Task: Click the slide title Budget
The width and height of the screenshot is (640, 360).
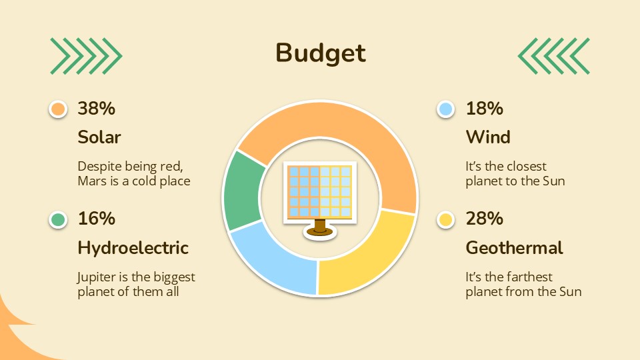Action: (x=321, y=53)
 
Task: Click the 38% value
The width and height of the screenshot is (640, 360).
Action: (x=97, y=108)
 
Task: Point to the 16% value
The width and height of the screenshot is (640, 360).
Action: (x=97, y=219)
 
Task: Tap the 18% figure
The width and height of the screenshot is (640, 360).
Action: (x=484, y=108)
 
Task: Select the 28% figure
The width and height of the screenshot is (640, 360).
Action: (x=484, y=219)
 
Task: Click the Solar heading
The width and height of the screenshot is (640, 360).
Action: (x=99, y=137)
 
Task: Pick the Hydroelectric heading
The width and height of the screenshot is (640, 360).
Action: (x=133, y=248)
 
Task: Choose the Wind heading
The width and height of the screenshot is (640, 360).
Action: (x=488, y=137)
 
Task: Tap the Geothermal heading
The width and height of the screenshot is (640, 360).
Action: (x=514, y=248)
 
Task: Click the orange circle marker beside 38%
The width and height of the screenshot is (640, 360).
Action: (x=59, y=109)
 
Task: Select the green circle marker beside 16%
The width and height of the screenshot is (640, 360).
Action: (x=59, y=219)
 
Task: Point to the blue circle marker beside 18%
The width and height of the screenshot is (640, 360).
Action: (x=445, y=109)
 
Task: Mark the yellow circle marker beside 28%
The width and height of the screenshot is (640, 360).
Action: (x=445, y=219)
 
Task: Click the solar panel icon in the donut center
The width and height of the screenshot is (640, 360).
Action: (x=319, y=197)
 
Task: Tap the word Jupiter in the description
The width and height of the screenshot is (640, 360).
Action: (x=97, y=277)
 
